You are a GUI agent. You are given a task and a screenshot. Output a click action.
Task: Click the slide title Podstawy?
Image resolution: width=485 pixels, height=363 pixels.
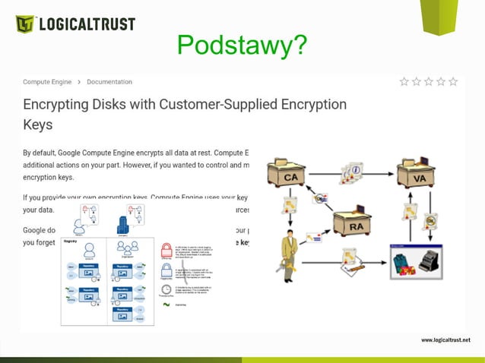point(242,46)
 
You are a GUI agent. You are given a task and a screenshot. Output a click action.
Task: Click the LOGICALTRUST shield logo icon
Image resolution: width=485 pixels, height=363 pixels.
point(25,24)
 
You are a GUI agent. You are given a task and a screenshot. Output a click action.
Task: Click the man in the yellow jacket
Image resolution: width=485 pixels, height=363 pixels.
point(290,256)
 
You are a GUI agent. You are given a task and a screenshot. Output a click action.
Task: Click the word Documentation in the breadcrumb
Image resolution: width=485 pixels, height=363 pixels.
point(109,82)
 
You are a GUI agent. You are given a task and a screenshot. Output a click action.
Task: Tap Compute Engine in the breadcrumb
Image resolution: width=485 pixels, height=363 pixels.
point(46,82)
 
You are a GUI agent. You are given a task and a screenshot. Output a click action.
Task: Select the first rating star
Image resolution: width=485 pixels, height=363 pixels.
point(404,82)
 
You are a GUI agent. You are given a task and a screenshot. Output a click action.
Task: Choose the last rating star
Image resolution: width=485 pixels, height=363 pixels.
point(453,82)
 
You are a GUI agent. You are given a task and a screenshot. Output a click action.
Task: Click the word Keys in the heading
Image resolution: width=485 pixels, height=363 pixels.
point(38,123)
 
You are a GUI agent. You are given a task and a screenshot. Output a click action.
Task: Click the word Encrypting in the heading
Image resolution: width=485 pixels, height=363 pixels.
point(59,104)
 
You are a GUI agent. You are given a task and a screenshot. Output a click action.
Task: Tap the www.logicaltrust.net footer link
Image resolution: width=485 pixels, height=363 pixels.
point(445,339)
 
